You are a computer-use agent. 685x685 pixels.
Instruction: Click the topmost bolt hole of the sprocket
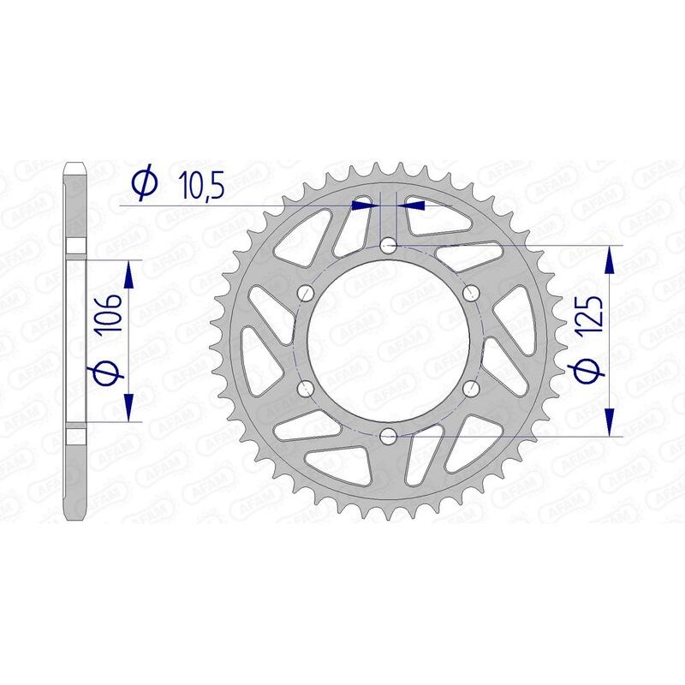(388, 246)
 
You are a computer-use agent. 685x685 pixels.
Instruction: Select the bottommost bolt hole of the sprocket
(388, 437)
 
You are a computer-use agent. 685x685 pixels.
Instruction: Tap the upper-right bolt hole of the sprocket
(470, 294)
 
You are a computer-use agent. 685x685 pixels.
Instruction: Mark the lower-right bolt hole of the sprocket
(470, 389)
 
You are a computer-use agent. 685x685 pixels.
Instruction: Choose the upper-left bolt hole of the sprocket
(306, 294)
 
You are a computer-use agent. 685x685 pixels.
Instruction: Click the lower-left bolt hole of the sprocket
(306, 389)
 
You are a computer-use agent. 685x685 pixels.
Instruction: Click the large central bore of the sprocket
(388, 341)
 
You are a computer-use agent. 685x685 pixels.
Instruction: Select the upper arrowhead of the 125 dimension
(610, 259)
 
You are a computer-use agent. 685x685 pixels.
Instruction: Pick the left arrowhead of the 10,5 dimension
(366, 205)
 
